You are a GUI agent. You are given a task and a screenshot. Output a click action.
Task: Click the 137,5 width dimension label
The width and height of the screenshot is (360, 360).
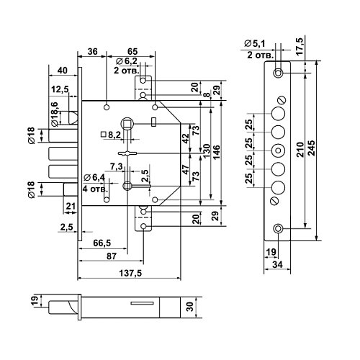tap(130, 273)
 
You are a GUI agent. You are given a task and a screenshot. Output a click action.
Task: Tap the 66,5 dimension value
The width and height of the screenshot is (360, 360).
tap(102, 243)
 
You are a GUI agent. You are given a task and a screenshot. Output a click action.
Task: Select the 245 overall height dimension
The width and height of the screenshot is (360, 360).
tap(312, 148)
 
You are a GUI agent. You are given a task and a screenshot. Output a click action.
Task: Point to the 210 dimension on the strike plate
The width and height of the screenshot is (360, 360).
tap(300, 150)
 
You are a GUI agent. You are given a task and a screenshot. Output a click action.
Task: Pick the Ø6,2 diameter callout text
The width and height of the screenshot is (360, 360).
tap(127, 61)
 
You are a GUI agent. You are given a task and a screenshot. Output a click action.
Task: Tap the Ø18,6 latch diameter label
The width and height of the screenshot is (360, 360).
tap(55, 114)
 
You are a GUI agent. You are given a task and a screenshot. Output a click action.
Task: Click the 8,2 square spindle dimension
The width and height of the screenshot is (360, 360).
tap(111, 135)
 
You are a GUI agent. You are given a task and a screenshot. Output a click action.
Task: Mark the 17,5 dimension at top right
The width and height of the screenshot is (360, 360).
tap(300, 46)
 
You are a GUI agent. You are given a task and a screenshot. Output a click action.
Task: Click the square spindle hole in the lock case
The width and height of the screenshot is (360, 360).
tap(127, 124)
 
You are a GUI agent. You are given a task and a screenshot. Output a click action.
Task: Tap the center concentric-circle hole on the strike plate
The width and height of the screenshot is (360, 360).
tap(278, 150)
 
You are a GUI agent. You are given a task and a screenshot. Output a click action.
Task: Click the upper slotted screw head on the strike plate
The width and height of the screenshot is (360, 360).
tap(281, 100)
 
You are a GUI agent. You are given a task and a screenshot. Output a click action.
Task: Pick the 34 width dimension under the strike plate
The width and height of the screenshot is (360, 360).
tap(277, 264)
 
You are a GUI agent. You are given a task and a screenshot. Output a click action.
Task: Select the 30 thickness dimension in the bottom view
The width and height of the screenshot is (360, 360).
tap(189, 307)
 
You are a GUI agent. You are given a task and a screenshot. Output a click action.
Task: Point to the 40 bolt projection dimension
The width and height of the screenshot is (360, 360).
tap(63, 71)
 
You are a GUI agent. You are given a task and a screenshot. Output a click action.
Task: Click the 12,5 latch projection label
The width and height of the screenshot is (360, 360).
tap(60, 89)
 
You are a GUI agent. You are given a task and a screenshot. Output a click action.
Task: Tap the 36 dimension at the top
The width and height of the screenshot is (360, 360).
tap(92, 51)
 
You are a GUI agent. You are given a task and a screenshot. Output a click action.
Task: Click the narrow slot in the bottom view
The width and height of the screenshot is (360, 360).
tap(142, 303)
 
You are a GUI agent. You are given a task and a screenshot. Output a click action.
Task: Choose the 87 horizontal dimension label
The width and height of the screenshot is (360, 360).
tap(112, 256)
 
